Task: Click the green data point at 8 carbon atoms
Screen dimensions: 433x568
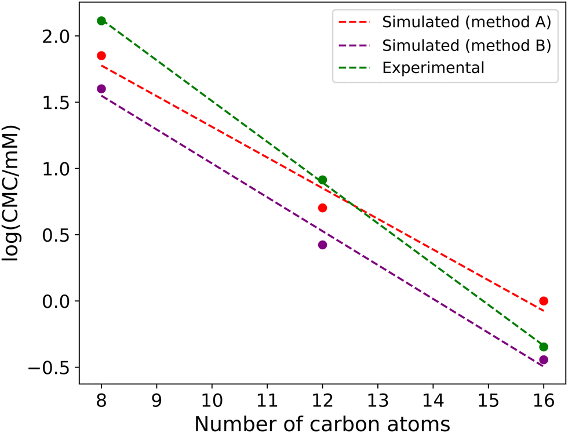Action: tap(101, 21)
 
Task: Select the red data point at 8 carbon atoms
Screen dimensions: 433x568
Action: tap(101, 56)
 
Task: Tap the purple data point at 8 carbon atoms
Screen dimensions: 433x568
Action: tap(101, 89)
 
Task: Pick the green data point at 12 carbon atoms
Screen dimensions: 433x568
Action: tap(322, 180)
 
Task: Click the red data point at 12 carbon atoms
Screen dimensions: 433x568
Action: tap(322, 208)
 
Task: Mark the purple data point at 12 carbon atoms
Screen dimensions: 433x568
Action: tap(322, 245)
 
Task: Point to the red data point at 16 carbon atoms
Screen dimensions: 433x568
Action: tap(544, 301)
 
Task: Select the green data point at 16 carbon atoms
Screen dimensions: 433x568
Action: tap(544, 347)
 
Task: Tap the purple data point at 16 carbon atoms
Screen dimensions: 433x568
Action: tap(544, 360)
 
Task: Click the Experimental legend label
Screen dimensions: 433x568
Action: tap(433, 68)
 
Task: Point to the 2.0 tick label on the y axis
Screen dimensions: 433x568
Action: tap(59, 36)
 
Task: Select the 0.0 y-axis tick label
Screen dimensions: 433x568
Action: tap(59, 301)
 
